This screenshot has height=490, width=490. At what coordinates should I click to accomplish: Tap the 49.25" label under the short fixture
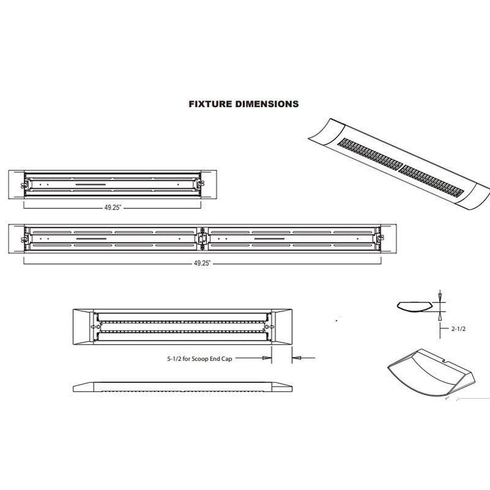(111, 208)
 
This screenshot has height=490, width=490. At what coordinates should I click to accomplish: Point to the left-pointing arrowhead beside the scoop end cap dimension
(296, 358)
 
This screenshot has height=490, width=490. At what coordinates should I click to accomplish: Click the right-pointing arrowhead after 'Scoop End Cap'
(266, 358)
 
